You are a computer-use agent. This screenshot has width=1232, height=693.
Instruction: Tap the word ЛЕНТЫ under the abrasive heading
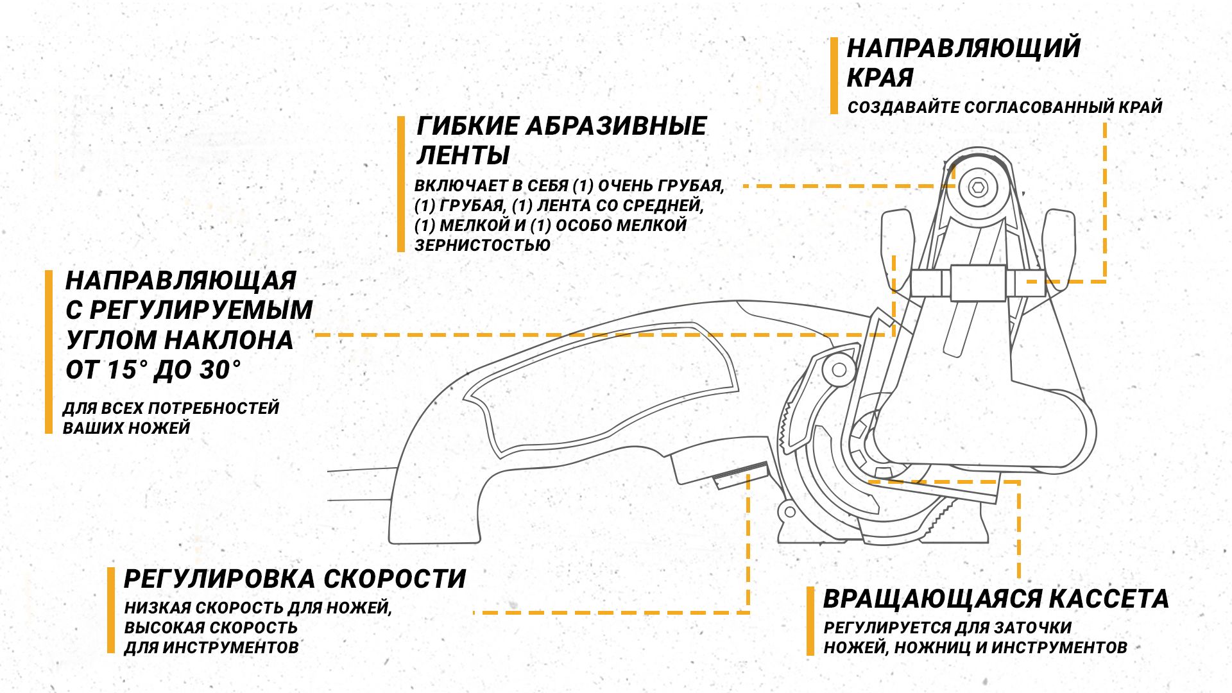(463, 155)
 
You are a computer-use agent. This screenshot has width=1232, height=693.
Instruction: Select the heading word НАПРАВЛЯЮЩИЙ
(964, 48)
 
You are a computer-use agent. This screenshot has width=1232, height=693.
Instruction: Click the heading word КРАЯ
(880, 78)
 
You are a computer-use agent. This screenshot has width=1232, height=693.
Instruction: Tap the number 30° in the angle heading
(219, 370)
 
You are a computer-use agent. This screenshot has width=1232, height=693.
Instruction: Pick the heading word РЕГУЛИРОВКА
(219, 579)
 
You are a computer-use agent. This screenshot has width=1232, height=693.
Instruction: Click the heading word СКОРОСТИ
(394, 579)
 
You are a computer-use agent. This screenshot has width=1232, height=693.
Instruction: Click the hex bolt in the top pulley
(978, 187)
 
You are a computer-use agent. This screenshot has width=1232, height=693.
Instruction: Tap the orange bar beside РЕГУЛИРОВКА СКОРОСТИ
(111, 610)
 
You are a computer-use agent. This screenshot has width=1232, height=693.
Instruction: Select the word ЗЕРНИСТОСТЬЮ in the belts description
(483, 245)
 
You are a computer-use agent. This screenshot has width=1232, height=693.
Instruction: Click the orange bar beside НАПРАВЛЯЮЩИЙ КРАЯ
(834, 76)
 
